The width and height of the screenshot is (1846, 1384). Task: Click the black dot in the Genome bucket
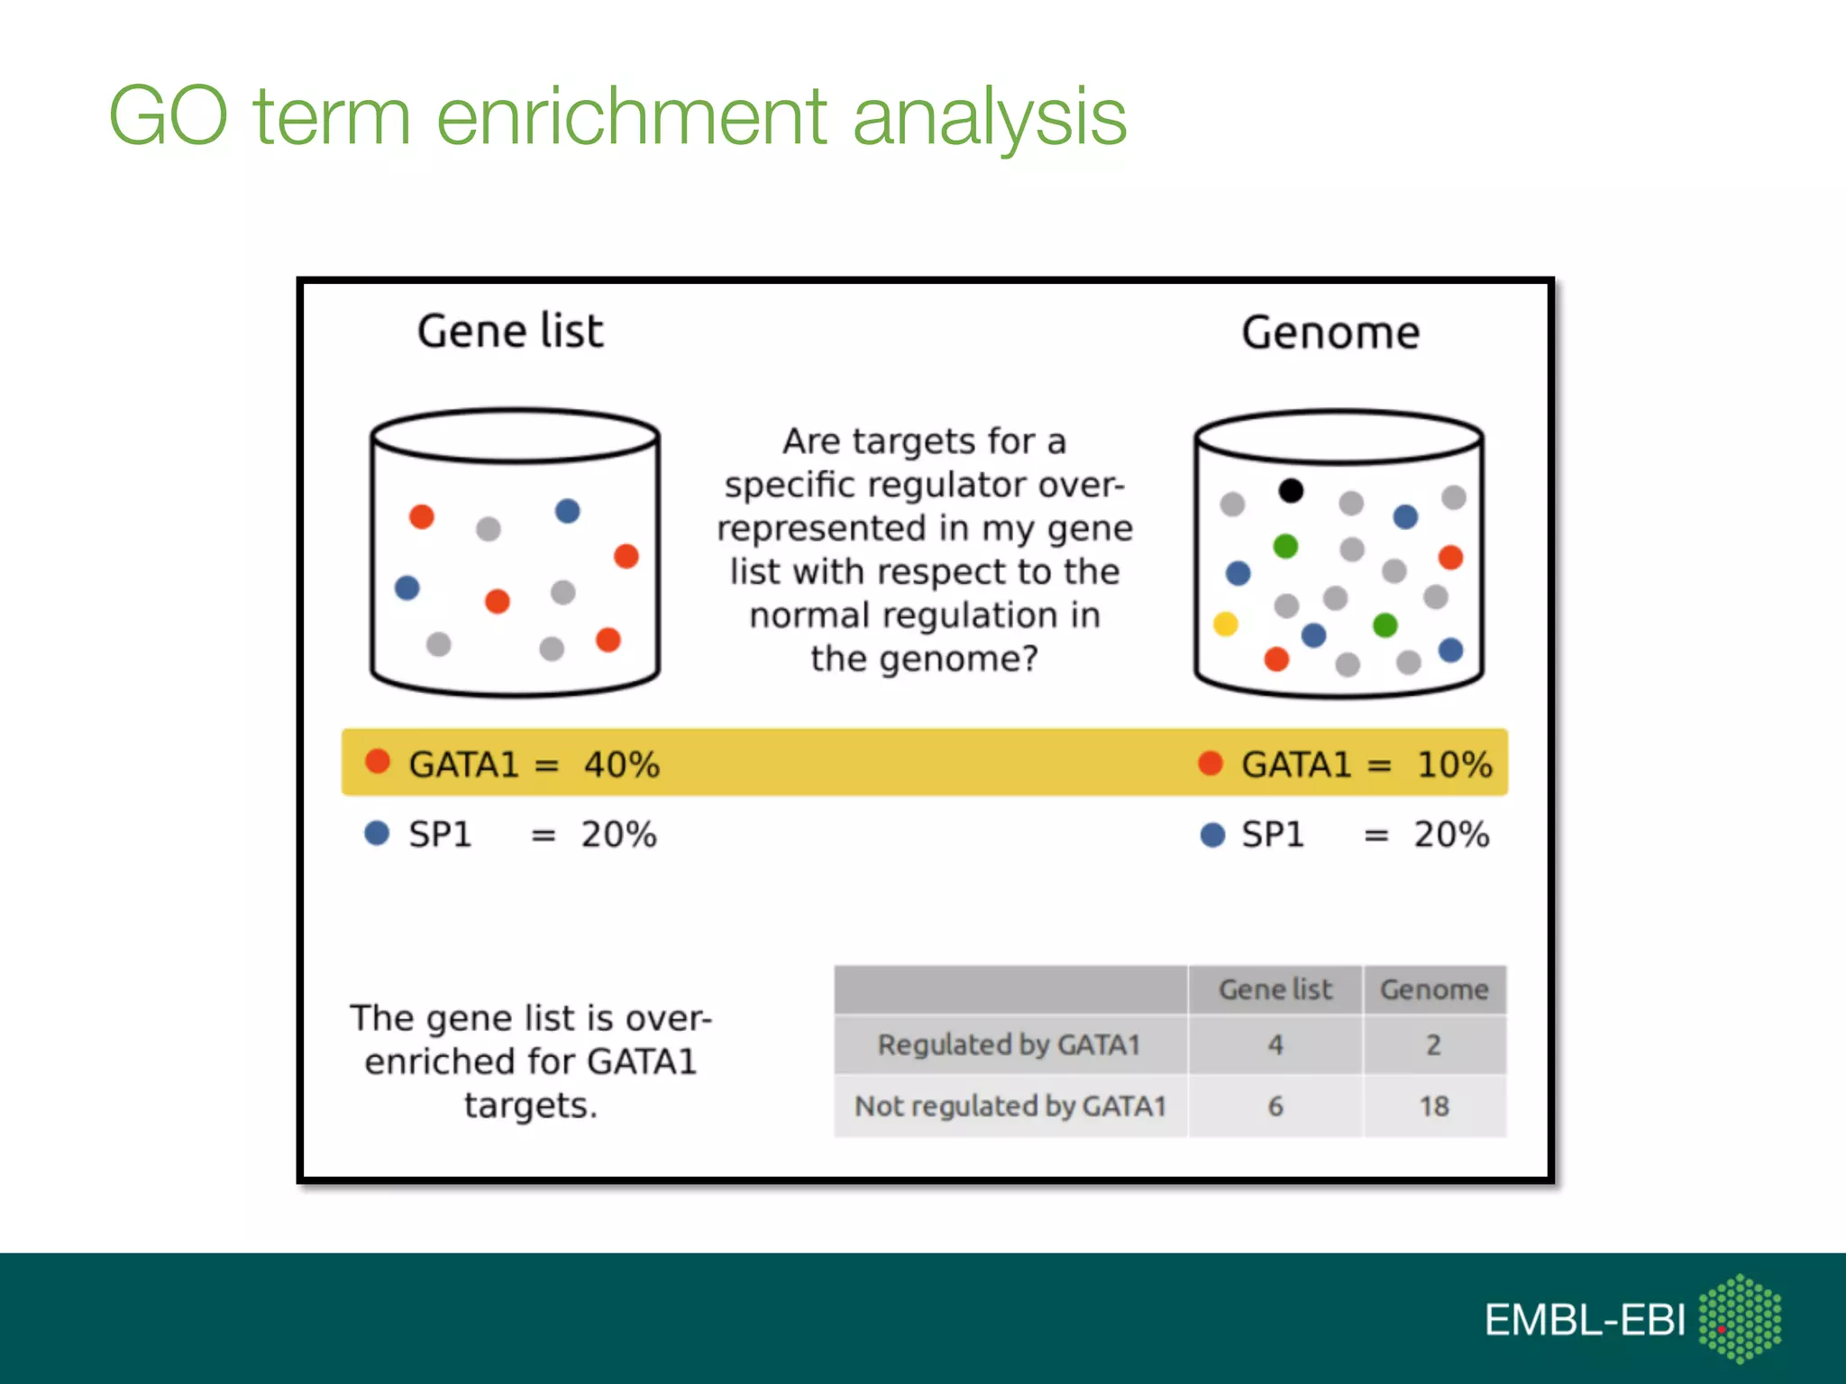pyautogui.click(x=1291, y=490)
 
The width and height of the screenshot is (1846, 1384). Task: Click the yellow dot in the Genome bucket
pyautogui.click(x=1225, y=624)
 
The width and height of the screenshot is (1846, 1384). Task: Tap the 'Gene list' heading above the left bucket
pyautogui.click(x=510, y=331)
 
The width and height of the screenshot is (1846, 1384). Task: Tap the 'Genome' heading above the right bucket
pyautogui.click(x=1330, y=332)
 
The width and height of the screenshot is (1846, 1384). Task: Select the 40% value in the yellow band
pyautogui.click(x=622, y=764)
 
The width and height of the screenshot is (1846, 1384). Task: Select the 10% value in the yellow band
pyautogui.click(x=1454, y=764)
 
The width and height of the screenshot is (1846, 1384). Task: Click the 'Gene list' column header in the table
pyautogui.click(x=1275, y=989)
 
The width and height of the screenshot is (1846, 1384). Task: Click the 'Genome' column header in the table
pyautogui.click(x=1434, y=989)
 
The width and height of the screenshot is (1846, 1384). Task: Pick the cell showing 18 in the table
pyautogui.click(x=1434, y=1106)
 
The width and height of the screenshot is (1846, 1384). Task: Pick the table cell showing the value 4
pyautogui.click(x=1275, y=1044)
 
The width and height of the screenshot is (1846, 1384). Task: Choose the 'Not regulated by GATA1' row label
pyautogui.click(x=1010, y=1106)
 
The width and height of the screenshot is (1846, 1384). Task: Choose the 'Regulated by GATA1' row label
pyautogui.click(x=1010, y=1044)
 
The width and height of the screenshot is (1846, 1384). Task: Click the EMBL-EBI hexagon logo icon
pyautogui.click(x=1740, y=1318)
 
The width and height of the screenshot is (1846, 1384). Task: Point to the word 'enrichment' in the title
pyautogui.click(x=632, y=116)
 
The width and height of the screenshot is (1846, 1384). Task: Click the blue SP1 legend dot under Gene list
pyautogui.click(x=377, y=833)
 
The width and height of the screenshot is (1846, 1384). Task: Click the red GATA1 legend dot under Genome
pyautogui.click(x=1211, y=763)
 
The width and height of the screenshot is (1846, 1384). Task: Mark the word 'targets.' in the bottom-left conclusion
pyautogui.click(x=531, y=1106)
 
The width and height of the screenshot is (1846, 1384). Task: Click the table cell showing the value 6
pyautogui.click(x=1275, y=1106)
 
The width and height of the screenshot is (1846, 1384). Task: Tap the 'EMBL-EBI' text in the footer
pyautogui.click(x=1585, y=1320)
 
